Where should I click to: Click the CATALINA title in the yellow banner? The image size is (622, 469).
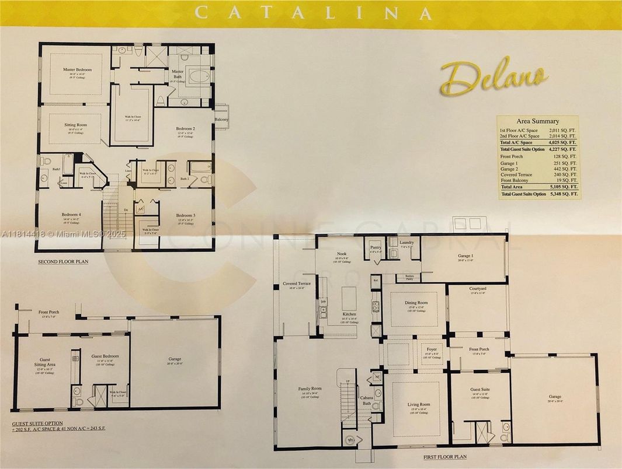(314, 13)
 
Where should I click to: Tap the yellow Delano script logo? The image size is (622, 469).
(494, 77)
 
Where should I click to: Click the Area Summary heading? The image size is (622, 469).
(537, 121)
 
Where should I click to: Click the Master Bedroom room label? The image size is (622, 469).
(78, 70)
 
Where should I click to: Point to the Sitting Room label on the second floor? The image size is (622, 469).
(75, 125)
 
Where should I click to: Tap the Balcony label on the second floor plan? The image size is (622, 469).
(221, 120)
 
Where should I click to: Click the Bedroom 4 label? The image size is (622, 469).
(71, 215)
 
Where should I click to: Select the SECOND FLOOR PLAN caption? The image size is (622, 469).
(63, 262)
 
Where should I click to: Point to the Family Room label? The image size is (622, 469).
(310, 388)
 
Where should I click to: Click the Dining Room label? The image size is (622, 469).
(417, 303)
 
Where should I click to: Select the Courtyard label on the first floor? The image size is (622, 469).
(478, 289)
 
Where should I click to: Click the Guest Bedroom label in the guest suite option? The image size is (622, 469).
(105, 356)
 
